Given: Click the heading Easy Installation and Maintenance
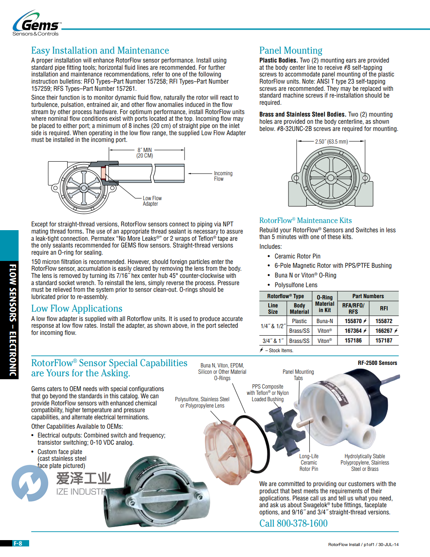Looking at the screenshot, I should [100, 51].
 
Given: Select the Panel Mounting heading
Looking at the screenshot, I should [291, 51].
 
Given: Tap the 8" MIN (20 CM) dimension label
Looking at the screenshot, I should [144, 153].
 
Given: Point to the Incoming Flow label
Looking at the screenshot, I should [223, 176].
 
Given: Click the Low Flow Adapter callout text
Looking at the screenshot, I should [152, 201].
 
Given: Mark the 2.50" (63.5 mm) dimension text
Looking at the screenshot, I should [331, 142].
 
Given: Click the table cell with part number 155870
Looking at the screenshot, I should [355, 321].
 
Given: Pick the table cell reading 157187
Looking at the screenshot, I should [384, 341].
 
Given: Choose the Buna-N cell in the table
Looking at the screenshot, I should [324, 321].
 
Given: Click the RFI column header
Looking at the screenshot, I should [384, 309].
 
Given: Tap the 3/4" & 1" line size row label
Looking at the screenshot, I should [273, 341].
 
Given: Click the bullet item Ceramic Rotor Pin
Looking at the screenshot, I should [297, 256].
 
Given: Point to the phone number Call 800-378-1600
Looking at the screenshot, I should [293, 524].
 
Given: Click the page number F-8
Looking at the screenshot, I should [18, 543].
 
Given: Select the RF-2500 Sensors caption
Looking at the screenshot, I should [377, 363].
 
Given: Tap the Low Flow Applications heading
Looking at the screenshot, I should [76, 309].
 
